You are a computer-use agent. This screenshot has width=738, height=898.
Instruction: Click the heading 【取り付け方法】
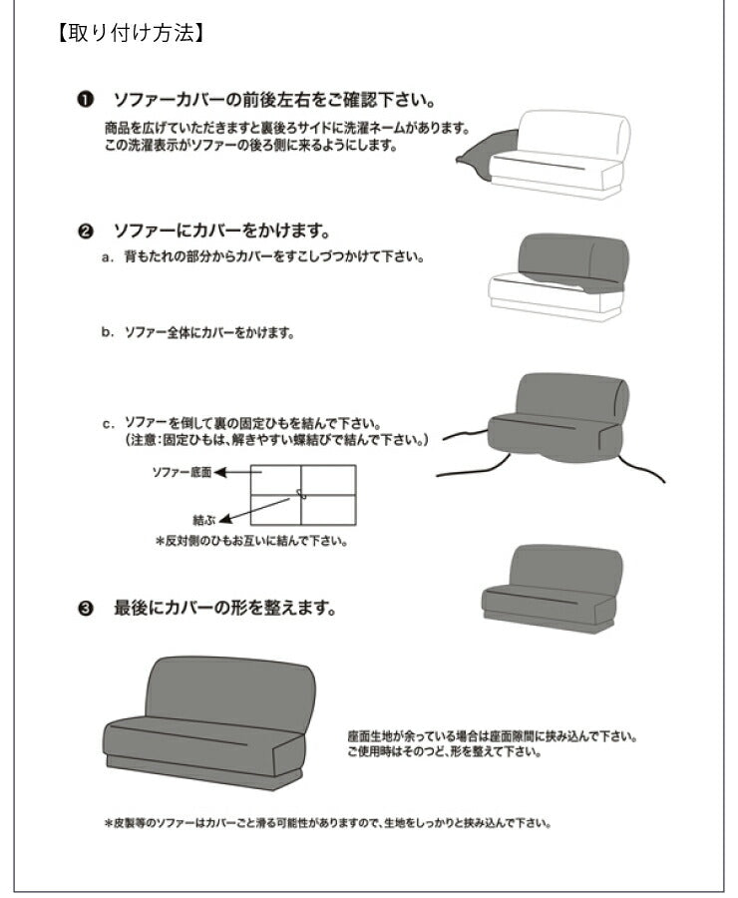(x=132, y=32)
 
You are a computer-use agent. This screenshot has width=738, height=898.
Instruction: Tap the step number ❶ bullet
(x=86, y=101)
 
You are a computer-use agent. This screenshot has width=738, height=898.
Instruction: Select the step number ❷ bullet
(x=86, y=231)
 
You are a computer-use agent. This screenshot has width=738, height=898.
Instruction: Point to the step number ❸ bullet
(x=86, y=607)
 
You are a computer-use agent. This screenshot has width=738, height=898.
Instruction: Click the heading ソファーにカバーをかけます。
(x=221, y=231)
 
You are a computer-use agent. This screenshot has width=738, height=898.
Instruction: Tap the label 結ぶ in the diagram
(x=202, y=520)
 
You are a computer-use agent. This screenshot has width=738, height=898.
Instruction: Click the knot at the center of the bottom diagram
(x=300, y=495)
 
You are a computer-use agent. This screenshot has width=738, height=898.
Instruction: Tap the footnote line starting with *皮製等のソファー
(x=328, y=824)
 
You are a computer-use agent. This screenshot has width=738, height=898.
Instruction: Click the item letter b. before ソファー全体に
(x=107, y=333)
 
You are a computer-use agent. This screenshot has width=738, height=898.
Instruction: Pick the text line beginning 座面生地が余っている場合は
(x=492, y=737)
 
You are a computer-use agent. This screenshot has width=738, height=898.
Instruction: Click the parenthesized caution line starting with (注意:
(x=275, y=439)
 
